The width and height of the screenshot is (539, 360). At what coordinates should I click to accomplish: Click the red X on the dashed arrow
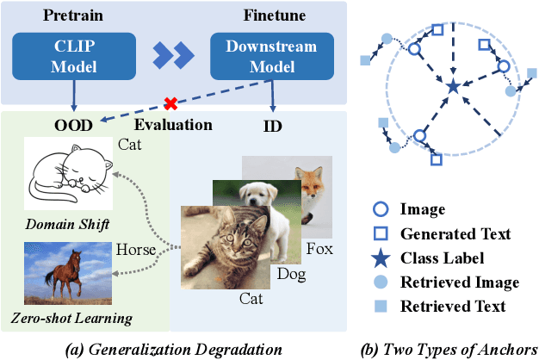[x=170, y=102]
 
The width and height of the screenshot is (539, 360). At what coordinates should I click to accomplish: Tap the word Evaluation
[x=172, y=124]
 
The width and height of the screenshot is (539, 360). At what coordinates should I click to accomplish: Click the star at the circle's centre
[x=452, y=84]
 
